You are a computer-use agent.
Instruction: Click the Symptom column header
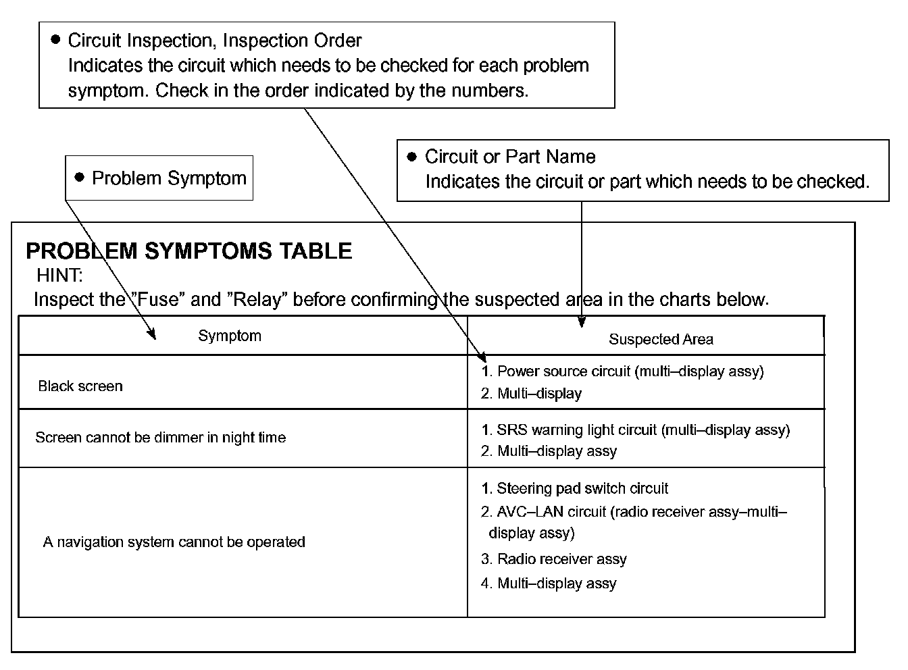[x=229, y=336]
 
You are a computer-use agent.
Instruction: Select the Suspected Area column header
[x=660, y=339]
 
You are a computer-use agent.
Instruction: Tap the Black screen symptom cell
[x=80, y=386]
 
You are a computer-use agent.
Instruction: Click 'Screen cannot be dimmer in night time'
[x=160, y=438]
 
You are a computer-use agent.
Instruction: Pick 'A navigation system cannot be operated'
[x=174, y=542]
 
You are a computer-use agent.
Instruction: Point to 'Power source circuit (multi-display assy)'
[x=630, y=371]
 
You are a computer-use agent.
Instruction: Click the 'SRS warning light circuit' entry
[x=642, y=430]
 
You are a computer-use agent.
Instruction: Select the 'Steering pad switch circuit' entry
[x=582, y=488]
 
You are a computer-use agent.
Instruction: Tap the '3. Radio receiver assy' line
[x=554, y=559]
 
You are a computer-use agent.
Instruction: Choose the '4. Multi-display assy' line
[x=549, y=584]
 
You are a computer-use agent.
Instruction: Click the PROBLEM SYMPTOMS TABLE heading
[x=188, y=251]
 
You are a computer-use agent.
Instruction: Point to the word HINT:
[x=59, y=276]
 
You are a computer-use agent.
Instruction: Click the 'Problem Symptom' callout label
[x=169, y=178]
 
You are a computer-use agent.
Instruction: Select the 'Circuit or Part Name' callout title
[x=510, y=157]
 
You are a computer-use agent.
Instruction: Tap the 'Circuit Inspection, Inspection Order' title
[x=215, y=41]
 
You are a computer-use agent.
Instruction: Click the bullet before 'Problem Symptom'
[x=80, y=178]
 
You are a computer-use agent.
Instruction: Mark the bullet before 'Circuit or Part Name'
[x=412, y=157]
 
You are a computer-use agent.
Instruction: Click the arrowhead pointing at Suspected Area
[x=581, y=322]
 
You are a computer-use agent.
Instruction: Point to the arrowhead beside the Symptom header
[x=152, y=333]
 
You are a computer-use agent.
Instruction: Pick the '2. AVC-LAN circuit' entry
[x=633, y=512]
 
